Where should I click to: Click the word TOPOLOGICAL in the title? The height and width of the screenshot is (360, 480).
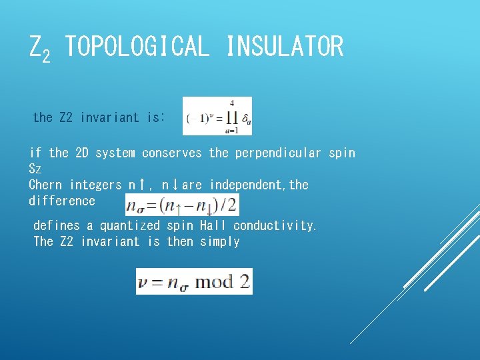point(137,47)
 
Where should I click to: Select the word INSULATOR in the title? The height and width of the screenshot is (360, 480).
point(285,47)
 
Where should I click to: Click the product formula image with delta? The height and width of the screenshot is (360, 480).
point(217,116)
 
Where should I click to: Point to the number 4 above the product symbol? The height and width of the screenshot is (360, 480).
point(232,103)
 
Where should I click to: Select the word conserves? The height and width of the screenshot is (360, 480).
point(171,153)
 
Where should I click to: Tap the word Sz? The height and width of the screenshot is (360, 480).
point(35,169)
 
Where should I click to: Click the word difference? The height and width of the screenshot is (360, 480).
point(62,201)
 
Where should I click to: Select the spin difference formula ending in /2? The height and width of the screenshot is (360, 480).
point(181,205)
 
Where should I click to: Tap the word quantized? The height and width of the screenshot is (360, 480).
point(130,226)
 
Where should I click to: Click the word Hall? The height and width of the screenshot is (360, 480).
point(211,226)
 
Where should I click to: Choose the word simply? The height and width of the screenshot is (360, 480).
point(219,241)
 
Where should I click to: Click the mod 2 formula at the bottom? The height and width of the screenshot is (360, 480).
point(194,281)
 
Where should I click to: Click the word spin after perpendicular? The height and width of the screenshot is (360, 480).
point(341,153)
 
